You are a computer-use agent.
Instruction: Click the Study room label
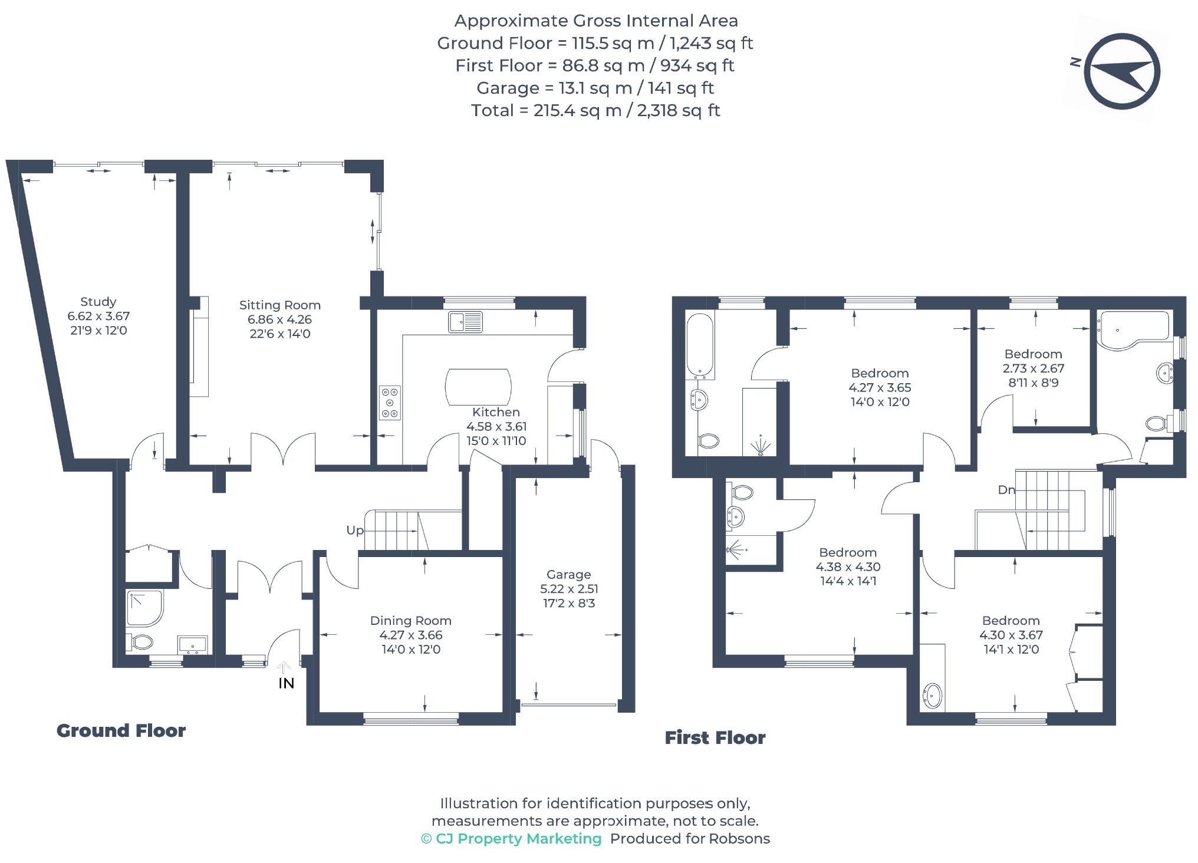[x=98, y=302]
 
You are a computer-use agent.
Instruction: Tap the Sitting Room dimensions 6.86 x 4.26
[x=279, y=319]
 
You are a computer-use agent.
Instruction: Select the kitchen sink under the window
[x=465, y=322]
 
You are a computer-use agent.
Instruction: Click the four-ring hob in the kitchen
[x=390, y=403]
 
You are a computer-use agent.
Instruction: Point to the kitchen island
[x=478, y=387]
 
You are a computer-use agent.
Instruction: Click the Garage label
[x=568, y=574]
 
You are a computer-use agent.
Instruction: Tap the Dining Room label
[x=410, y=621]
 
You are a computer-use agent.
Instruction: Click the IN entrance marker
[x=286, y=683]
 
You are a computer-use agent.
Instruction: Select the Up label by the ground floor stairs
[x=354, y=531]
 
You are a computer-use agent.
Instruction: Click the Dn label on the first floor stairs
[x=1006, y=490]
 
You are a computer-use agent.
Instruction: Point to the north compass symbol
[x=1122, y=71]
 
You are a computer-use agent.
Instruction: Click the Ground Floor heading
[x=121, y=731]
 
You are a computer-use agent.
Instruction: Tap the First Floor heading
[x=715, y=738]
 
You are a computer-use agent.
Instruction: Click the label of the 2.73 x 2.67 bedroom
[x=1033, y=354]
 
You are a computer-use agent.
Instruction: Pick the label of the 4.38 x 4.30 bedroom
[x=847, y=553]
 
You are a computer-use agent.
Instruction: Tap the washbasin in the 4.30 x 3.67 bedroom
[x=932, y=696]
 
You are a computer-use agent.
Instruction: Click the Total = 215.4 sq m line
[x=595, y=111]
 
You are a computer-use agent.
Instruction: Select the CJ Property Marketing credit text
[x=511, y=839]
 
